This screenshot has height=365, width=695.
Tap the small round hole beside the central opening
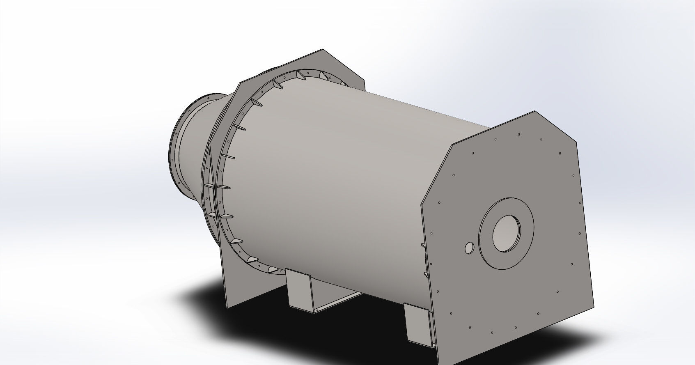click(x=469, y=248)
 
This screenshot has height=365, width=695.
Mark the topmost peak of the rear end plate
click(x=323, y=50)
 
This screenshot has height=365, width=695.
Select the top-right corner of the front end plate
click(x=576, y=140)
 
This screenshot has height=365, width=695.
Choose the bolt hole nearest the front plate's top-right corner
click(x=560, y=154)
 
